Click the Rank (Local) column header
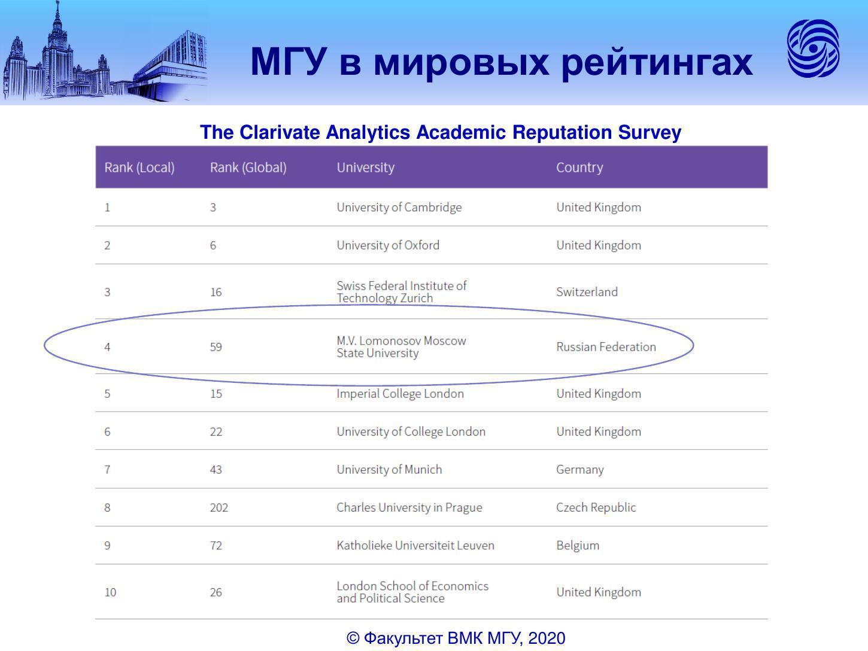point(139,168)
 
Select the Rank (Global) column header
point(248,168)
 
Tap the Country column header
point(579,168)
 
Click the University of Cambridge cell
point(399,207)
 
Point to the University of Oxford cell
point(388,245)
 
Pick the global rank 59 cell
point(216,347)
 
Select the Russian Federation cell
point(606,347)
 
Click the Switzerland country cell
point(587,292)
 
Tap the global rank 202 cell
point(219,507)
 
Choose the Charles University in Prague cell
point(409,507)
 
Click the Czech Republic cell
point(596,507)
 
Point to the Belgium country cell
point(578,546)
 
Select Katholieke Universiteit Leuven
point(415,546)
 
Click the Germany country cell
point(579,470)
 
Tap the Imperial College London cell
point(400,394)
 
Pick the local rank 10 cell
point(110,592)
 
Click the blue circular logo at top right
point(813,48)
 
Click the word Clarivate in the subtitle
point(280,132)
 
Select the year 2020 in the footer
point(547,638)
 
